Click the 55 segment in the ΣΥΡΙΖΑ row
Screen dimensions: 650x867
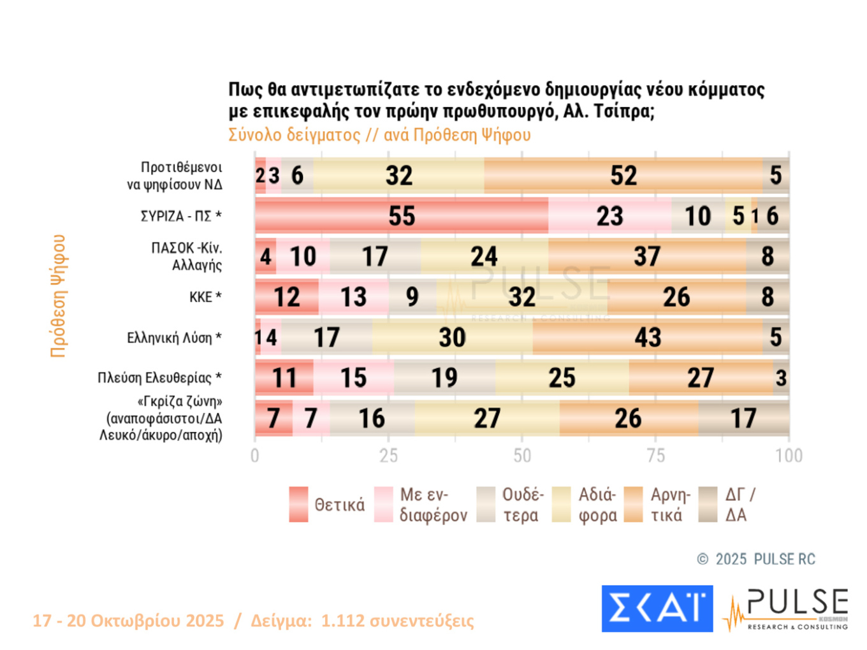coord(402,216)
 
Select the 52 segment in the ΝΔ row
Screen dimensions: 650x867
coord(623,175)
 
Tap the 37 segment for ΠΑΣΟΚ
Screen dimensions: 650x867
coord(647,256)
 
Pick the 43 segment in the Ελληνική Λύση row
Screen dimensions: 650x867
coord(647,337)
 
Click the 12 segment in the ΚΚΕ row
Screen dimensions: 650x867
coord(287,297)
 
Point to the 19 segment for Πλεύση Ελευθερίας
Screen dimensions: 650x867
coord(444,378)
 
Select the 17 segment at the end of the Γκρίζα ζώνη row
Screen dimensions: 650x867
coord(743,419)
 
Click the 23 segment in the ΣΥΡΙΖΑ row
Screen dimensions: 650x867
coord(609,216)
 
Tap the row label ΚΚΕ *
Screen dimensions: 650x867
coord(205,297)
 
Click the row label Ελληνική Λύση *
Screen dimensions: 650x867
coord(174,338)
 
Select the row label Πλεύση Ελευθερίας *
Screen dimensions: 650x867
coord(159,378)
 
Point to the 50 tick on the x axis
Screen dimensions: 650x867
coord(522,456)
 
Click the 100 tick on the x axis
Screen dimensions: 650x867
coord(789,456)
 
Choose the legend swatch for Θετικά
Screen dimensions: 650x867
coord(298,505)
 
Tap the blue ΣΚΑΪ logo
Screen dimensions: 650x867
coord(657,609)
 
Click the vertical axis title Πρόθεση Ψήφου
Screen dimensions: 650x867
coord(59,296)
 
